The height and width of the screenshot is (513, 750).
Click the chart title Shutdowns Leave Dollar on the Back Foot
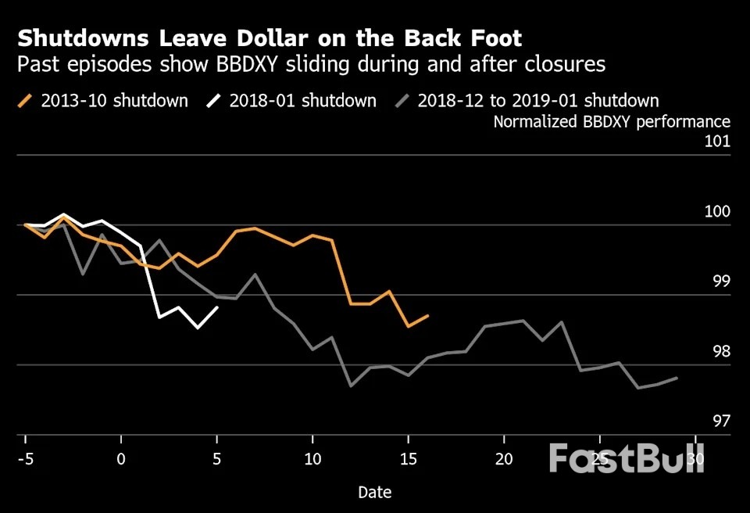point(270,38)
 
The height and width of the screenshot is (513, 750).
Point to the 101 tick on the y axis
point(717,142)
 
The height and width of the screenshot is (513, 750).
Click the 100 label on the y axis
point(717,212)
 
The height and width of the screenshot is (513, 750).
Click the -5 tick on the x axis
point(25,458)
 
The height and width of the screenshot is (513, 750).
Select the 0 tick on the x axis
point(121,458)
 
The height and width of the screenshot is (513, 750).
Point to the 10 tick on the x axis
point(312,458)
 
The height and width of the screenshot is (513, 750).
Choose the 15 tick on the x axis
point(408,458)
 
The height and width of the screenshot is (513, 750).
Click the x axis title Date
point(374,493)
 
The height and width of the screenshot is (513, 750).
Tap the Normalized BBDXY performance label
point(612,122)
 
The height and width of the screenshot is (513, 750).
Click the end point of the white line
point(216,307)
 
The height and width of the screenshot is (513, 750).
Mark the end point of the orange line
point(427,315)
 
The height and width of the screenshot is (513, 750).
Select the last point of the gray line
point(677,378)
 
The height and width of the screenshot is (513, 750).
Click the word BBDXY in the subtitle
point(258,64)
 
